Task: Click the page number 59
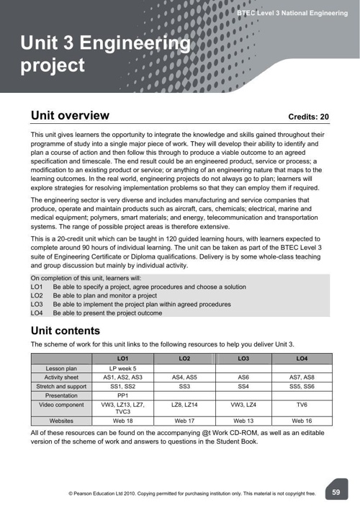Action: (x=336, y=491)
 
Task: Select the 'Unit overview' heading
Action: (x=70, y=115)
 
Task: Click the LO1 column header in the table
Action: (x=122, y=358)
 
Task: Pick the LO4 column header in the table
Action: (x=302, y=358)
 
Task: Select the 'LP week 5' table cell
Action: (x=122, y=368)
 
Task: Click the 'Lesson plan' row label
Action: (x=62, y=368)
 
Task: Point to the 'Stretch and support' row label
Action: (x=62, y=387)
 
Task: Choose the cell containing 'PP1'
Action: (x=122, y=396)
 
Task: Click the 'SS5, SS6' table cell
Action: (x=302, y=387)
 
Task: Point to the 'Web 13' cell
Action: (x=243, y=420)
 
